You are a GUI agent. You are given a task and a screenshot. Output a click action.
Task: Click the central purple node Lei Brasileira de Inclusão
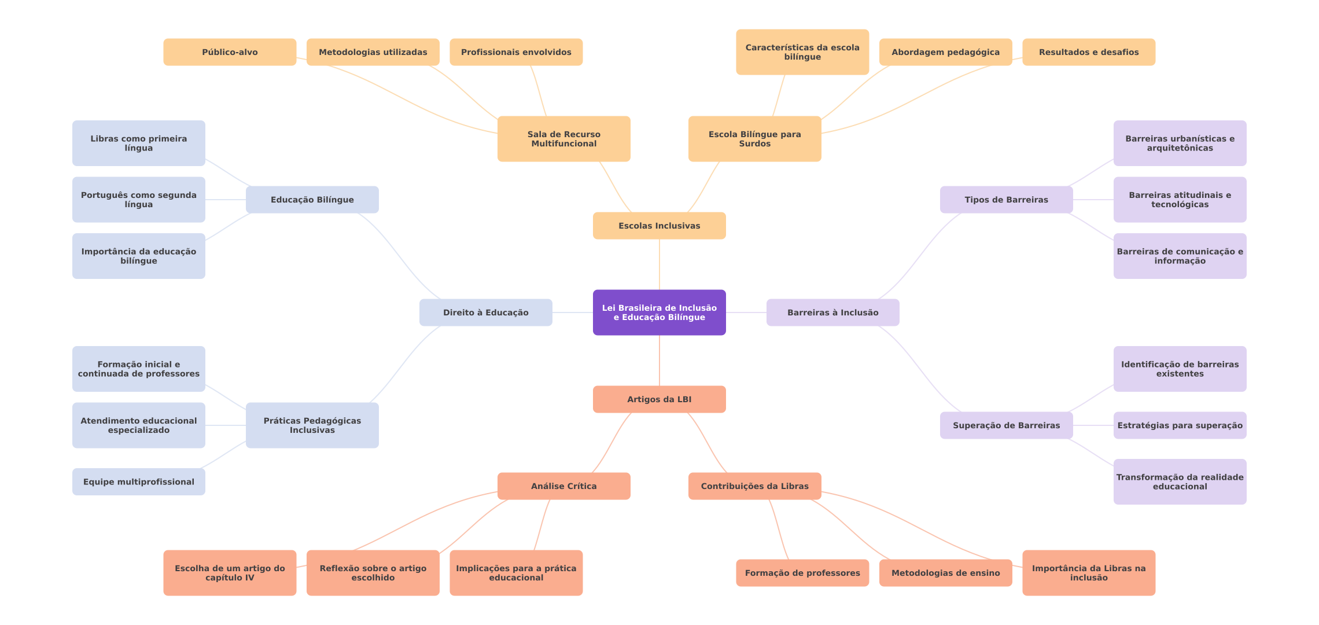659,312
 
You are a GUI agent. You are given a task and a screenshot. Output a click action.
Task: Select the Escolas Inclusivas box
659,226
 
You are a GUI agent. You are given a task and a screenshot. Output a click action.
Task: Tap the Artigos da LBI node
659,399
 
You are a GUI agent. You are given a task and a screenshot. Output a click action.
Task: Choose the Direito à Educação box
485,312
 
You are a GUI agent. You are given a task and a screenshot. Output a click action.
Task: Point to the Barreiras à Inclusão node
832,312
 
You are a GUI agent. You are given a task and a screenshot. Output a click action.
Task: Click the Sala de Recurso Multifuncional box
563,139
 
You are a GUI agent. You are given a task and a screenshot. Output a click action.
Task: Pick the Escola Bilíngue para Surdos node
754,139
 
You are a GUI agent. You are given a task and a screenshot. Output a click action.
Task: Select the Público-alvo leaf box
230,52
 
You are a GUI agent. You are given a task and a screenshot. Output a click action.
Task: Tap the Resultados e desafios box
1088,52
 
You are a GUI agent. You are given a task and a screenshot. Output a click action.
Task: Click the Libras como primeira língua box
138,143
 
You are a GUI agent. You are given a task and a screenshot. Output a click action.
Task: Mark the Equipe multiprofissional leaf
138,481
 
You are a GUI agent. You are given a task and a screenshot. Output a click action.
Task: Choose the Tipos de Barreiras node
1006,200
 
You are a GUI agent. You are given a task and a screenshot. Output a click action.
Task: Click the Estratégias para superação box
1180,425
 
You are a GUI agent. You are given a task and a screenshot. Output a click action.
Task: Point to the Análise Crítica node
563,486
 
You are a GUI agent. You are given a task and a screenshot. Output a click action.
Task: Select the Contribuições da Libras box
754,486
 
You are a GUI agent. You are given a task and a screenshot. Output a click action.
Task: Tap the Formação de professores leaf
802,573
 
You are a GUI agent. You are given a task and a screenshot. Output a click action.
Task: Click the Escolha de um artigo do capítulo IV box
230,573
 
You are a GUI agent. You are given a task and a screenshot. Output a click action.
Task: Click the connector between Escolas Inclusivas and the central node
659,264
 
